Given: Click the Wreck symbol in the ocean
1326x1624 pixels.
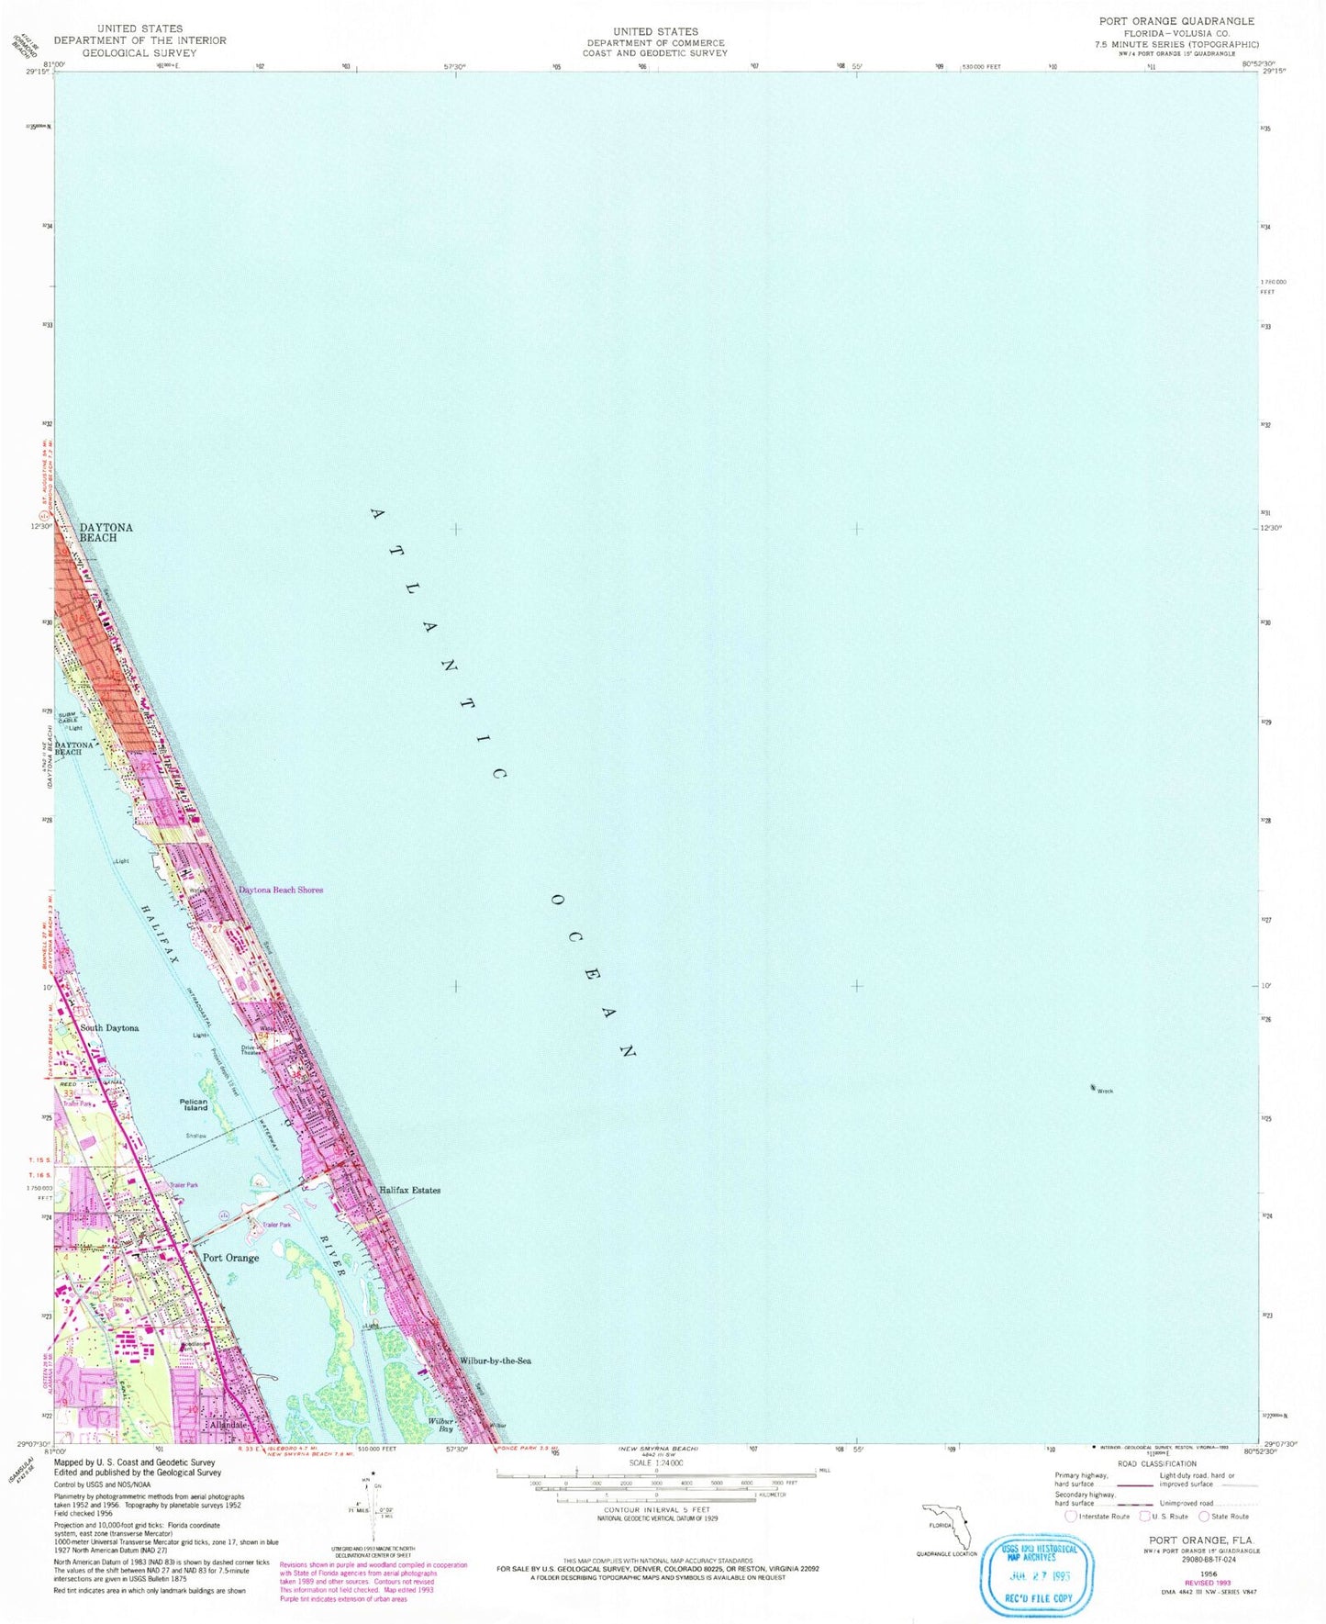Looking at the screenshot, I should pyautogui.click(x=1093, y=1088).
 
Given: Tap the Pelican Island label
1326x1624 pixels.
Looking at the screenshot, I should pyautogui.click(x=195, y=1104).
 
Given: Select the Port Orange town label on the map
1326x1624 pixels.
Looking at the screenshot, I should pyautogui.click(x=230, y=1258).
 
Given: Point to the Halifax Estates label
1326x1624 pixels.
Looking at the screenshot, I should pyautogui.click(x=409, y=1191).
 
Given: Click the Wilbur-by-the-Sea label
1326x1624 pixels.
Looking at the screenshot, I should pyautogui.click(x=495, y=1361).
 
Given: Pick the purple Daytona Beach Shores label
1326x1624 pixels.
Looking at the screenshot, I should pyautogui.click(x=281, y=890).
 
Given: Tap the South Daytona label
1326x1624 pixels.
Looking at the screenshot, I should pyautogui.click(x=109, y=1028).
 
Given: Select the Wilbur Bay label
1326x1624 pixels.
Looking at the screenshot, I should pyautogui.click(x=440, y=1425).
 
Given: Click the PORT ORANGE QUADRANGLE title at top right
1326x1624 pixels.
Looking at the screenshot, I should pyautogui.click(x=1176, y=21).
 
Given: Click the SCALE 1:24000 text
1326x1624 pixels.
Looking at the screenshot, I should pyautogui.click(x=655, y=1462).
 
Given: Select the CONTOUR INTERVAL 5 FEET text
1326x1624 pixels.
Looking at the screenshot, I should pyautogui.click(x=656, y=1509).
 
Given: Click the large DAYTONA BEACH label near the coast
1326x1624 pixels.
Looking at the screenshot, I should pyautogui.click(x=106, y=532).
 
